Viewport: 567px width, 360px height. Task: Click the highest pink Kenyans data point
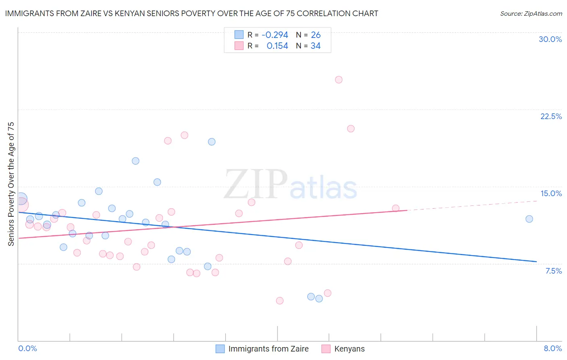point(339,80)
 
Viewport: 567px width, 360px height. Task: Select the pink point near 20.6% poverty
point(351,129)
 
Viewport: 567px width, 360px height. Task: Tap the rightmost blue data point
point(529,219)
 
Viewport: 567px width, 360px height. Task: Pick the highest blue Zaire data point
point(212,142)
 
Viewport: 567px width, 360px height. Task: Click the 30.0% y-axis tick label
point(550,39)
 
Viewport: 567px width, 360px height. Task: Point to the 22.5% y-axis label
point(551,116)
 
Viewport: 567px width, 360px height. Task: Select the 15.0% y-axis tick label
point(551,193)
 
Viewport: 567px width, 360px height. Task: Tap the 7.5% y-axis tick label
point(553,271)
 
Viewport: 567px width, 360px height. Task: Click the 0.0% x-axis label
point(28,348)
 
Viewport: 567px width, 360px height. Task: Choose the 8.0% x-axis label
point(552,348)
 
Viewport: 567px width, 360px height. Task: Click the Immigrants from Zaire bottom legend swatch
point(220,349)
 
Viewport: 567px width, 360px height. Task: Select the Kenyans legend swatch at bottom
point(326,349)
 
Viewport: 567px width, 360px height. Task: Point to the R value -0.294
point(275,35)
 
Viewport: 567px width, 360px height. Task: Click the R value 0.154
point(277,46)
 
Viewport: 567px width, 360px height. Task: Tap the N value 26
point(316,35)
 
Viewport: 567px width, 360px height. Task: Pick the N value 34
point(315,46)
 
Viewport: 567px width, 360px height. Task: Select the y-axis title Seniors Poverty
point(11,184)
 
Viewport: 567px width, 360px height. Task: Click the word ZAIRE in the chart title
point(95,13)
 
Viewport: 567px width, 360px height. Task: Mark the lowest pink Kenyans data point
point(280,301)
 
